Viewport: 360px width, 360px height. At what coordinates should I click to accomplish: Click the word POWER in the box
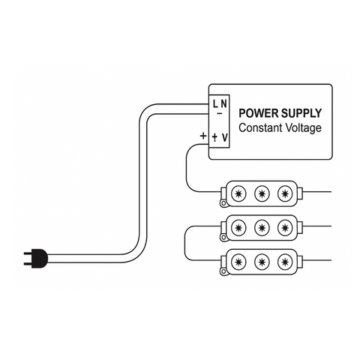point(256,113)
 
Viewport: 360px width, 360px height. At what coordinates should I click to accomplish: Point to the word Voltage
point(304,128)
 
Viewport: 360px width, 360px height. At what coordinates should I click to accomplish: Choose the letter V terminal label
point(225,137)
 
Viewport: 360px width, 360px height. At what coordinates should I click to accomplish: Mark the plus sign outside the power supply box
point(202,136)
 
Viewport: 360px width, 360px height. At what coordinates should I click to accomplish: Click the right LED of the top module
point(283,193)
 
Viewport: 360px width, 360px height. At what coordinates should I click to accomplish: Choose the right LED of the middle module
point(283,227)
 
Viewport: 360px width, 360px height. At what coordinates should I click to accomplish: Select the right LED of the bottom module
point(283,262)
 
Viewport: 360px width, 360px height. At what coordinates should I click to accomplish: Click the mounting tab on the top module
point(223,202)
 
